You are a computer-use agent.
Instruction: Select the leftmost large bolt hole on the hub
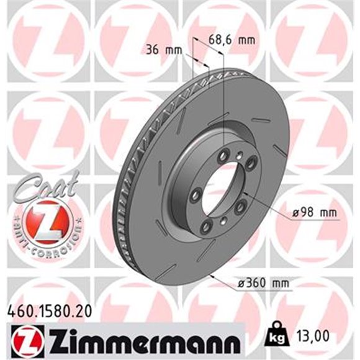[x=195, y=197]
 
